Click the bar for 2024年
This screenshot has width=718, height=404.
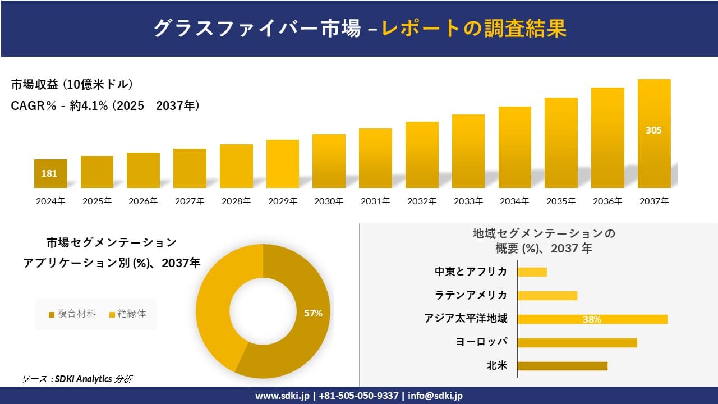click(x=50, y=173)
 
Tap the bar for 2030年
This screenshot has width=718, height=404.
click(x=329, y=161)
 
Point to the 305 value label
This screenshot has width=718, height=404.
click(x=653, y=130)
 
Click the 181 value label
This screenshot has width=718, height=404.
click(x=49, y=173)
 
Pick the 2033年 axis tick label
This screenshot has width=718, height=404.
click(x=468, y=201)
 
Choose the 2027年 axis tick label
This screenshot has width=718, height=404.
click(x=190, y=201)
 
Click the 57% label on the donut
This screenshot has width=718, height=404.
click(x=313, y=313)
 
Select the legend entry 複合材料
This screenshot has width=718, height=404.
click(x=73, y=314)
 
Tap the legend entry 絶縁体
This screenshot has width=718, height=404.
click(x=128, y=314)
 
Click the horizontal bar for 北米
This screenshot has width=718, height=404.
click(x=562, y=366)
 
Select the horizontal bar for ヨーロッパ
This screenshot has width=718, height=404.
click(x=577, y=342)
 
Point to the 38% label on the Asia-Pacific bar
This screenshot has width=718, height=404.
click(x=592, y=319)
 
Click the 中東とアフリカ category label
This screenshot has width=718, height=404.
click(x=471, y=272)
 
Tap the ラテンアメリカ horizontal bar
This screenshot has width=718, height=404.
click(x=547, y=296)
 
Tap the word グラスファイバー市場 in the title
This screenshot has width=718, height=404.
click(x=257, y=29)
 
